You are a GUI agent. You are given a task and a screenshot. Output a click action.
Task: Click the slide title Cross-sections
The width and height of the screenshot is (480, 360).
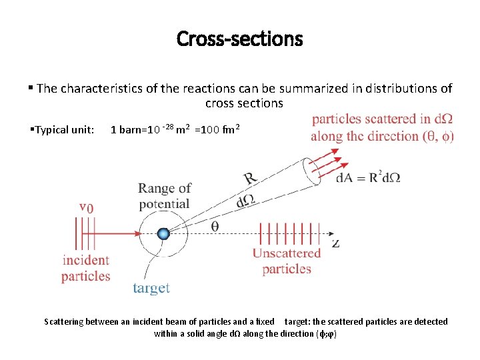coord(239,39)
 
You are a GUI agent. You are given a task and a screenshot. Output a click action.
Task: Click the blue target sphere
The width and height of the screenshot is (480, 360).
coord(163,233)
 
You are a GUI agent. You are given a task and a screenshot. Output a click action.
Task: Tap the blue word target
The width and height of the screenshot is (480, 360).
coord(151,288)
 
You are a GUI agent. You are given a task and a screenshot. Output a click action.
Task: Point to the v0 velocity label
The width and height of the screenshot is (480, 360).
coord(86,207)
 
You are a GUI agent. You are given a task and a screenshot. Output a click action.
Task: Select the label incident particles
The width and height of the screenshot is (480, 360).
coord(86,268)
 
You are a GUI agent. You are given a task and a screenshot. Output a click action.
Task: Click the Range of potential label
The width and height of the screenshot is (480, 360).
coord(165,196)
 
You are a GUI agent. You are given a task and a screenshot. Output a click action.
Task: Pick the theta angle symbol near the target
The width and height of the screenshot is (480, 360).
coord(215,226)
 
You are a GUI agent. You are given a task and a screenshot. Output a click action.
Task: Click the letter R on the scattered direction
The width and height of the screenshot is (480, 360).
coord(250,179)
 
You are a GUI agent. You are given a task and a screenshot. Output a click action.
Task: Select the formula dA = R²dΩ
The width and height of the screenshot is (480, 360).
coord(368,178)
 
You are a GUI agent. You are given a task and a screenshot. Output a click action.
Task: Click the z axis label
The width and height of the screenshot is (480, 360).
coord(335,243)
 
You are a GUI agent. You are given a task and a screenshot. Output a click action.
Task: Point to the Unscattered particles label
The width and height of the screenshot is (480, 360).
coord(287,261)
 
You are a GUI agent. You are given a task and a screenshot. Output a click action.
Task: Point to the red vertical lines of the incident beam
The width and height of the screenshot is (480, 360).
coord(86,233)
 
